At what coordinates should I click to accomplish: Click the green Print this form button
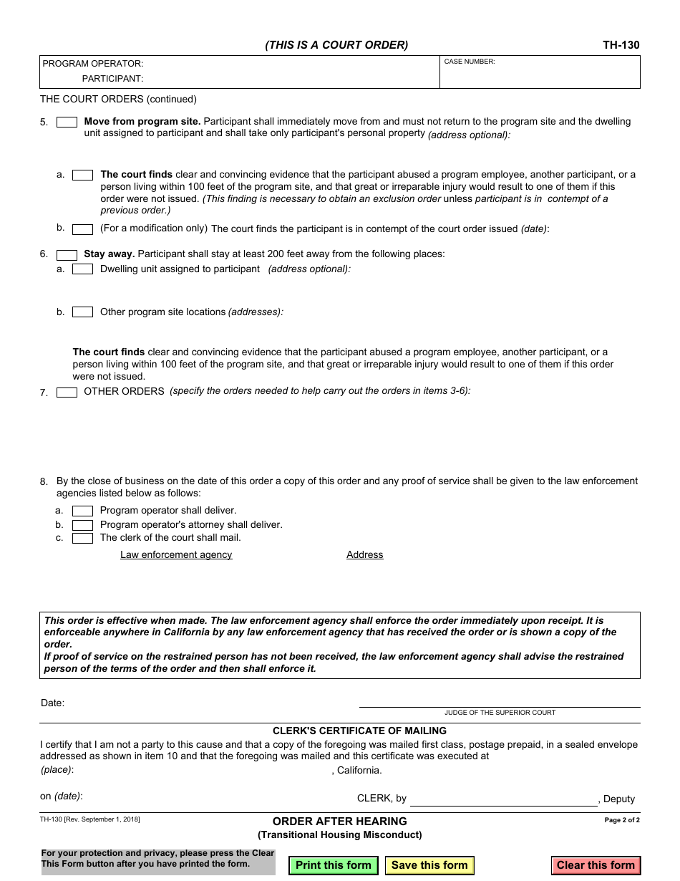(x=333, y=865)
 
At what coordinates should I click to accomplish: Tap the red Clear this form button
(x=596, y=865)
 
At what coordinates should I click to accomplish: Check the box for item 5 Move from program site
(x=67, y=122)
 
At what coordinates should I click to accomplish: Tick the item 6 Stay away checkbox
(x=67, y=255)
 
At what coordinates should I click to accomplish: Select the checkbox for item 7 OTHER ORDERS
(x=67, y=393)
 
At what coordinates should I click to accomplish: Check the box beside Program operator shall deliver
(x=82, y=511)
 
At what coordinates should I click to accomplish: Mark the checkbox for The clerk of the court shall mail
(x=82, y=539)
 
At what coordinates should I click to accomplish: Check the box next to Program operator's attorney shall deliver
(x=82, y=525)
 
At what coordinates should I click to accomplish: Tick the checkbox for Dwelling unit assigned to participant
(x=82, y=269)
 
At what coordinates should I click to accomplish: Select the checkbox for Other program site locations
(x=82, y=312)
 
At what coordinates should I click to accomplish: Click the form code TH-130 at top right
(x=621, y=45)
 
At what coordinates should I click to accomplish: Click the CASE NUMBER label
(x=470, y=62)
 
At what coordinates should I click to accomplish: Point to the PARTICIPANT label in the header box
(x=112, y=79)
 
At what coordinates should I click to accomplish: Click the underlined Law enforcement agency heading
(x=176, y=555)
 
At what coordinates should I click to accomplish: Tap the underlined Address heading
(x=364, y=555)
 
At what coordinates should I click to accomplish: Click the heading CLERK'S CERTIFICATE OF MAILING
(x=359, y=731)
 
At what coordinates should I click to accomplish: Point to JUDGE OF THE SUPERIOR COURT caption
(x=500, y=713)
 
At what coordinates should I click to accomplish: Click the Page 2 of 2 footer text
(x=622, y=820)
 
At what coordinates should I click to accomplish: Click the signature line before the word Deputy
(x=503, y=801)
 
